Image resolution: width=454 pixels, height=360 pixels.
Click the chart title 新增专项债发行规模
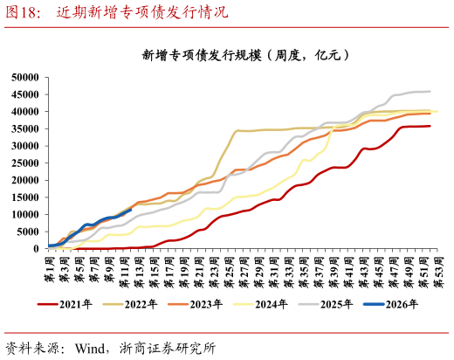246,55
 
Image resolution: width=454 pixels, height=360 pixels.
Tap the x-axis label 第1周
50,266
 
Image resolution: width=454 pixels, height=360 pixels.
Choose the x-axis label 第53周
438,266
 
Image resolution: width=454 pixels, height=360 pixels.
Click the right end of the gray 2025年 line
430,91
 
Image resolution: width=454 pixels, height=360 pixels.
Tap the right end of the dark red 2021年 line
430,126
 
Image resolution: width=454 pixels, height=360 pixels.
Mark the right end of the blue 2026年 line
131,210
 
